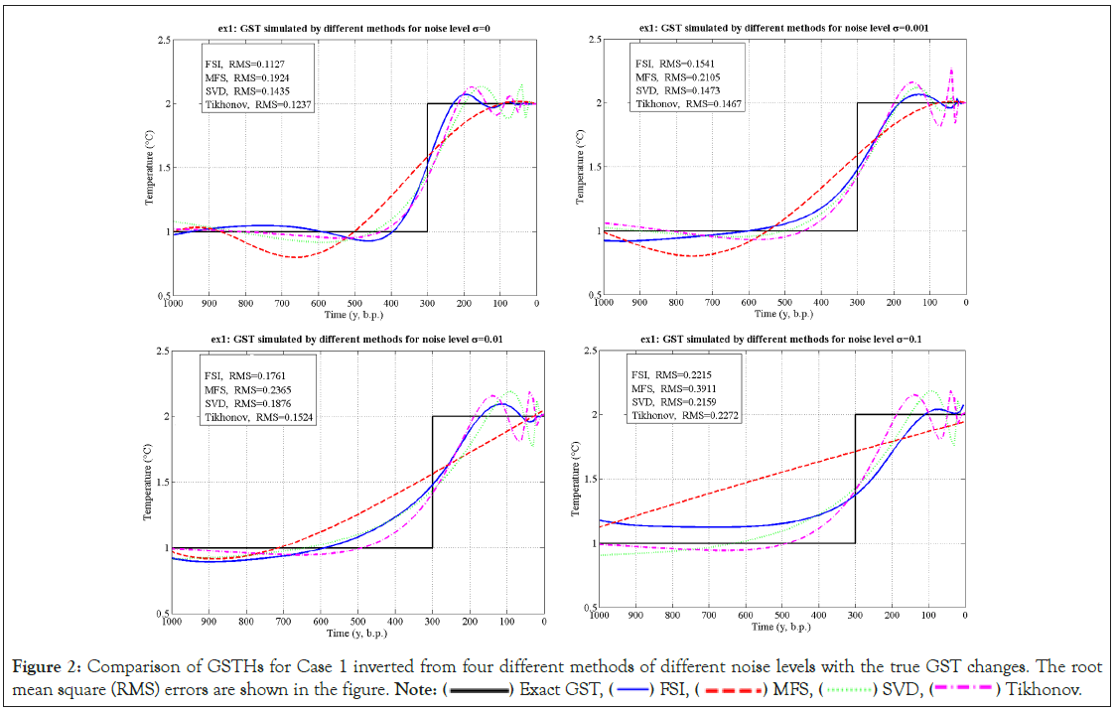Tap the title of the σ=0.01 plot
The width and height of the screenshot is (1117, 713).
[x=355, y=339]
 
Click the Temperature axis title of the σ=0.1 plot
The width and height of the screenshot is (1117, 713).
[x=577, y=480]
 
